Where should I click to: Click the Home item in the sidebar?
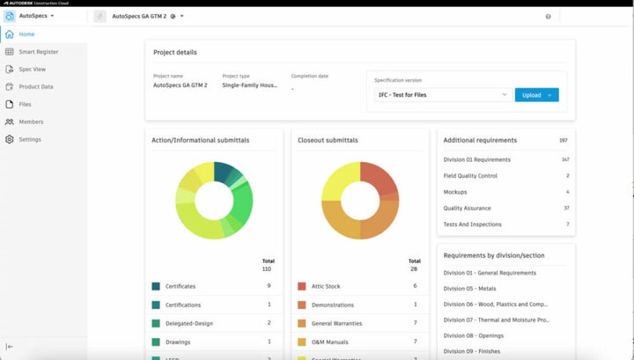click(x=26, y=34)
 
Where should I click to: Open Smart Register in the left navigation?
click(x=39, y=52)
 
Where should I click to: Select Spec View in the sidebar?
click(x=33, y=70)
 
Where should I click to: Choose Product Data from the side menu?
click(x=36, y=86)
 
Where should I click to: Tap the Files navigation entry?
click(x=26, y=104)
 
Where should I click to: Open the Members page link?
click(x=31, y=121)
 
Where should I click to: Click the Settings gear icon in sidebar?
click(x=10, y=139)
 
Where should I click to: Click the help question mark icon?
click(x=548, y=16)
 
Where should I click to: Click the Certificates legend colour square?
click(x=156, y=286)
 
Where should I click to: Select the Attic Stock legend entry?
click(x=327, y=286)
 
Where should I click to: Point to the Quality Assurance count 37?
click(x=565, y=208)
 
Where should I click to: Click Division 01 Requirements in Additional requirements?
click(x=477, y=159)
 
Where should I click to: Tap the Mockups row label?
click(x=455, y=192)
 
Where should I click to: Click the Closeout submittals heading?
click(x=328, y=140)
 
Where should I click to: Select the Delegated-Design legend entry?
click(x=189, y=323)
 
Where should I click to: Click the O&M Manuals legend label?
click(x=331, y=342)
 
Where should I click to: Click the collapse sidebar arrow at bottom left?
click(x=10, y=347)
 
